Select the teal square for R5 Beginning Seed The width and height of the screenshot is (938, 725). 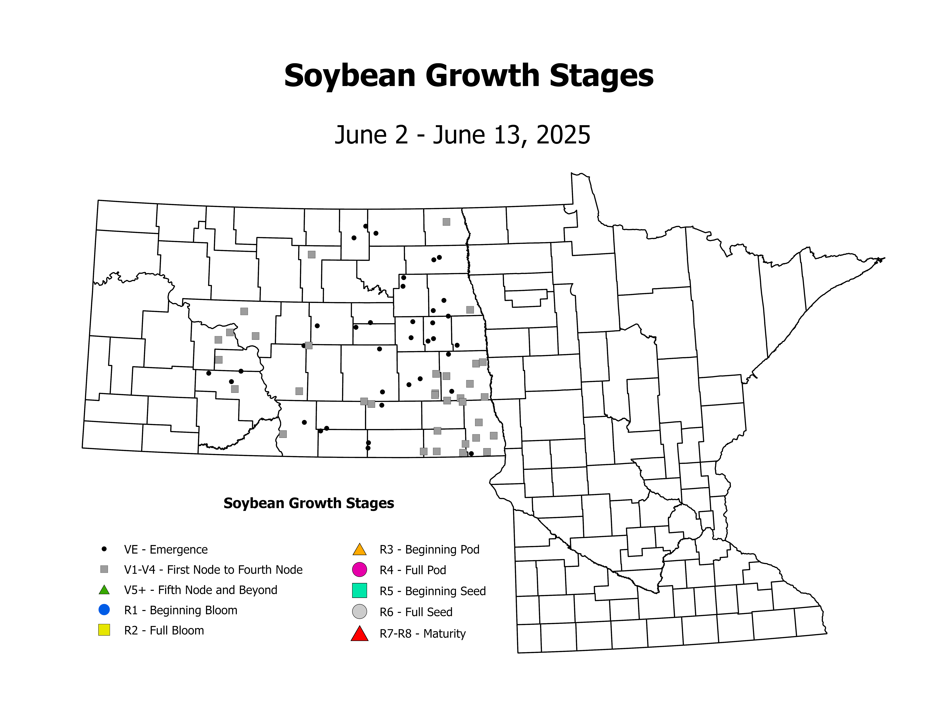pos(359,591)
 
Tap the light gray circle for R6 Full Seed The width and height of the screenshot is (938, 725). pos(359,612)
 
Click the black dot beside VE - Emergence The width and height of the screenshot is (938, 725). pos(104,549)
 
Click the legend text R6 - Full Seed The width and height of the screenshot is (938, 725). pos(416,612)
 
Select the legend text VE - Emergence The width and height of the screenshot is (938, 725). pos(166,550)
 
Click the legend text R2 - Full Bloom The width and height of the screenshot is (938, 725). pos(164,630)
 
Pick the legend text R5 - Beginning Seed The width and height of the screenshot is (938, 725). pos(432,591)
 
